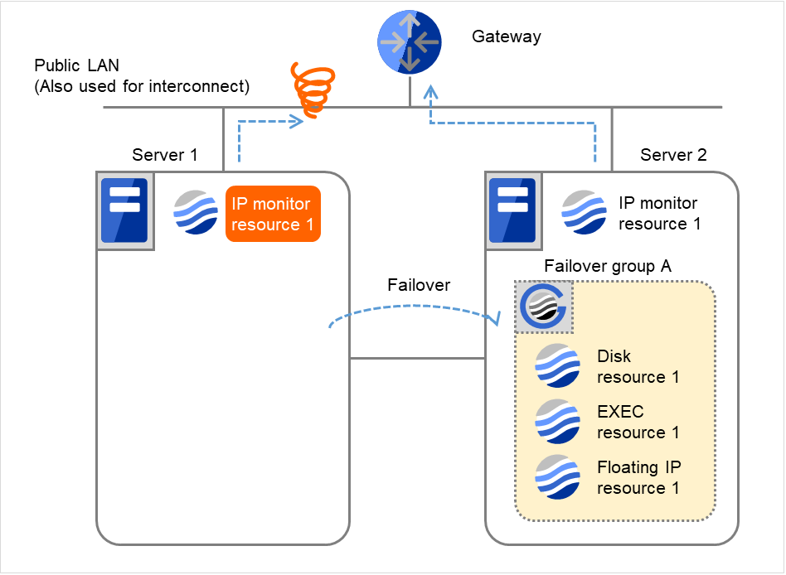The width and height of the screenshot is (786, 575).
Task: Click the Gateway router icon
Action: click(x=410, y=43)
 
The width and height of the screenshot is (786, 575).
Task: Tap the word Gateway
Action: click(x=506, y=36)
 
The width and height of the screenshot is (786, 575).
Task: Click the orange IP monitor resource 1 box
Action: click(x=273, y=214)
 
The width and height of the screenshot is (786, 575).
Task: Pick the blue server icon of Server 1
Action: click(x=124, y=210)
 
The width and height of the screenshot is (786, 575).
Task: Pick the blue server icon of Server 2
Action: click(x=512, y=211)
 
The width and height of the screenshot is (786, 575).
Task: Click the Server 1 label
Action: click(x=165, y=155)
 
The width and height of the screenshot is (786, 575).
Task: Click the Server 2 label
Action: click(x=673, y=155)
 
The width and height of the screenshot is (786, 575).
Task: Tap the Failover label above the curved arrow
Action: click(x=419, y=285)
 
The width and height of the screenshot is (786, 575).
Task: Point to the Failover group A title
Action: click(x=607, y=266)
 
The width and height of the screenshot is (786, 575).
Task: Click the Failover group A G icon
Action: click(x=543, y=307)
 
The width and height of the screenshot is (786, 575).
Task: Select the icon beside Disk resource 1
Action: click(x=557, y=366)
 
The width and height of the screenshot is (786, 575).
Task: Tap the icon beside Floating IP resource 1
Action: click(x=557, y=477)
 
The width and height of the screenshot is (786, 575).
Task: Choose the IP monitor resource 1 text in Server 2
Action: click(x=659, y=213)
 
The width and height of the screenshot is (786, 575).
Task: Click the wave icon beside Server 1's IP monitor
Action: click(x=196, y=213)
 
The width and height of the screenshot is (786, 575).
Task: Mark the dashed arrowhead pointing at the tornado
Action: click(x=295, y=123)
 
